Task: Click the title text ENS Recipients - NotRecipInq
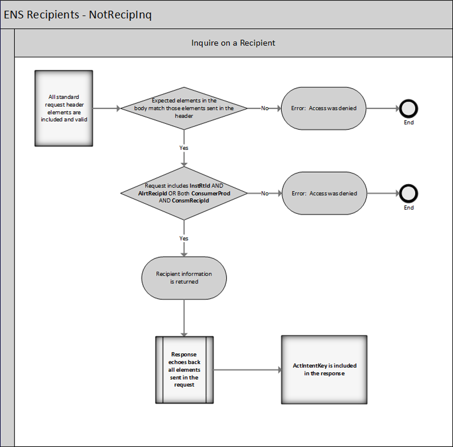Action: click(78, 14)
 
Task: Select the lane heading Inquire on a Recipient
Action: click(233, 43)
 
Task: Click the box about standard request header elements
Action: click(63, 108)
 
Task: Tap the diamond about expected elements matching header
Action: click(184, 108)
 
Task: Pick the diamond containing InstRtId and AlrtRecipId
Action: click(184, 193)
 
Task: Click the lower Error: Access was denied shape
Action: click(324, 194)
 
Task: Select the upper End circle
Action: click(408, 108)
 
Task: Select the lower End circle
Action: click(408, 194)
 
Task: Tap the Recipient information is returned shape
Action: click(184, 278)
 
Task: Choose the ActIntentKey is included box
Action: click(324, 370)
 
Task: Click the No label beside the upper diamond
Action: click(265, 108)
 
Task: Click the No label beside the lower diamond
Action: click(265, 194)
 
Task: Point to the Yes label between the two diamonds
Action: click(184, 148)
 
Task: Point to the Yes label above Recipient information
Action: click(184, 238)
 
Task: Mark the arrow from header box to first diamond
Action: click(107, 108)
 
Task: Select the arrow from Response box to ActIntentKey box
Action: click(247, 370)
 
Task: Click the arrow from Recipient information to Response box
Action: click(184, 317)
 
